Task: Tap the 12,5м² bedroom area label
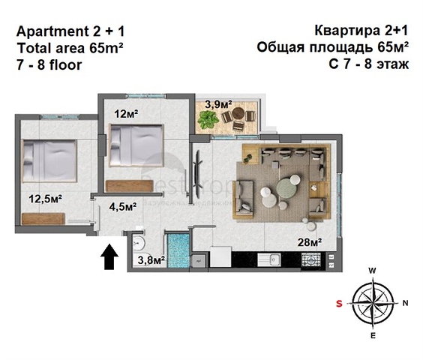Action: point(45,199)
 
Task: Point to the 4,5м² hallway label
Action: point(122,206)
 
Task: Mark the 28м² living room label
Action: point(308,242)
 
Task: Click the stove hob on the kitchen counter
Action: point(310,260)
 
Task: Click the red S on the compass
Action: point(339,303)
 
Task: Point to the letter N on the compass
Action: point(404,303)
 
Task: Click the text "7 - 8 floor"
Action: point(49,64)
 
